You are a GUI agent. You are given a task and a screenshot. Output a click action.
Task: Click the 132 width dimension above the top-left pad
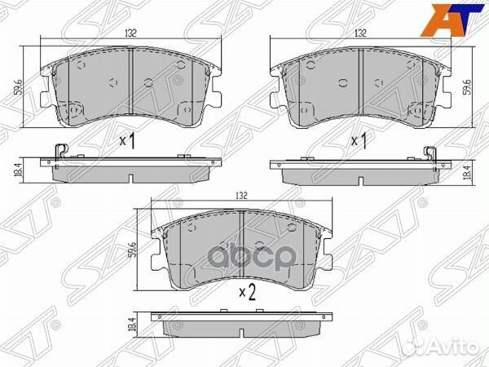pos(131,34)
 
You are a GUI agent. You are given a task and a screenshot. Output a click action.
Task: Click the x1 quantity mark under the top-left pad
pos(127,141)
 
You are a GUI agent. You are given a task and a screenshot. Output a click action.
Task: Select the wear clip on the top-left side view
pos(59,153)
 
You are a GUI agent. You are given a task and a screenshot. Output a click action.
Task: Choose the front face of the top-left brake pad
pos(130,86)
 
